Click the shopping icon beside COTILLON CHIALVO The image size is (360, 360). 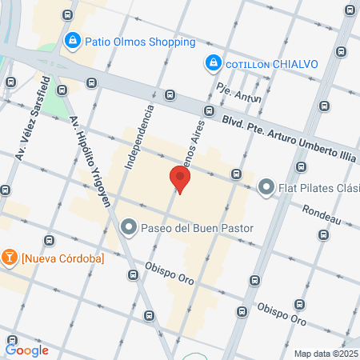point(213,62)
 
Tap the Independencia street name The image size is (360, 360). point(137,137)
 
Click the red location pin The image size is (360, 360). point(180,179)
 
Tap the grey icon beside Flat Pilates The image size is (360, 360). point(266,189)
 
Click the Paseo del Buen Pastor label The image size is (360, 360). point(197,229)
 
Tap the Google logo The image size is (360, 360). point(27,350)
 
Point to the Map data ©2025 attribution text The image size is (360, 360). point(326,354)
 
